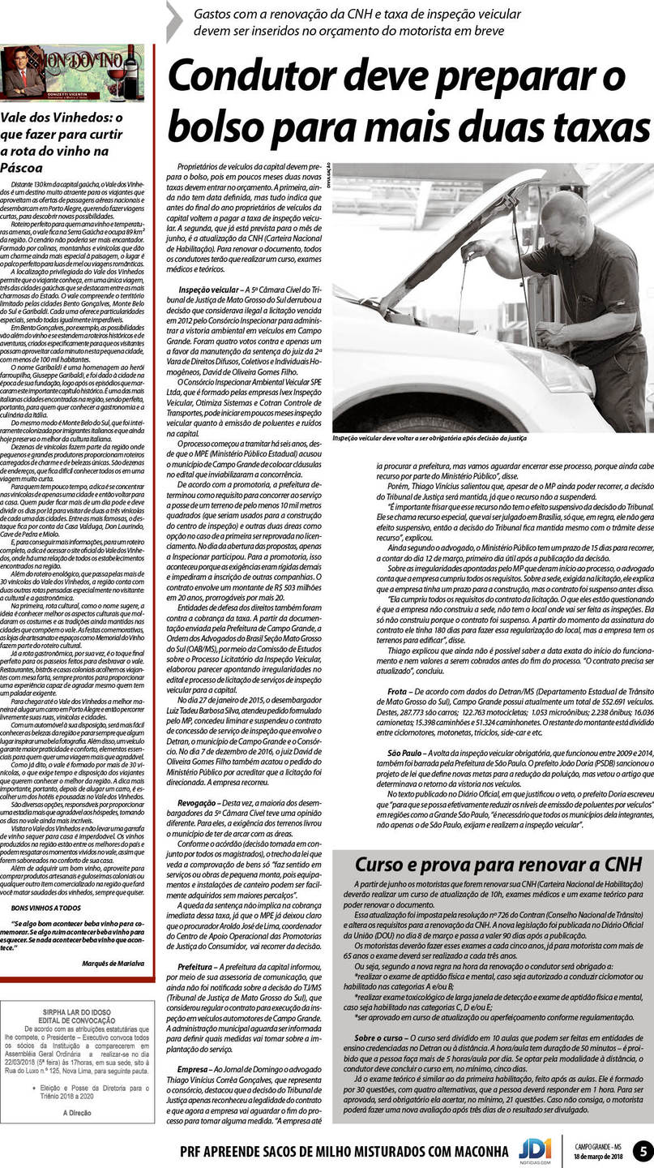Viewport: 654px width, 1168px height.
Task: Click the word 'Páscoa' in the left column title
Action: pyautogui.click(x=22, y=168)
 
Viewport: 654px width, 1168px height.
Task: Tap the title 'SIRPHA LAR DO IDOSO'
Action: pyautogui.click(x=78, y=1012)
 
